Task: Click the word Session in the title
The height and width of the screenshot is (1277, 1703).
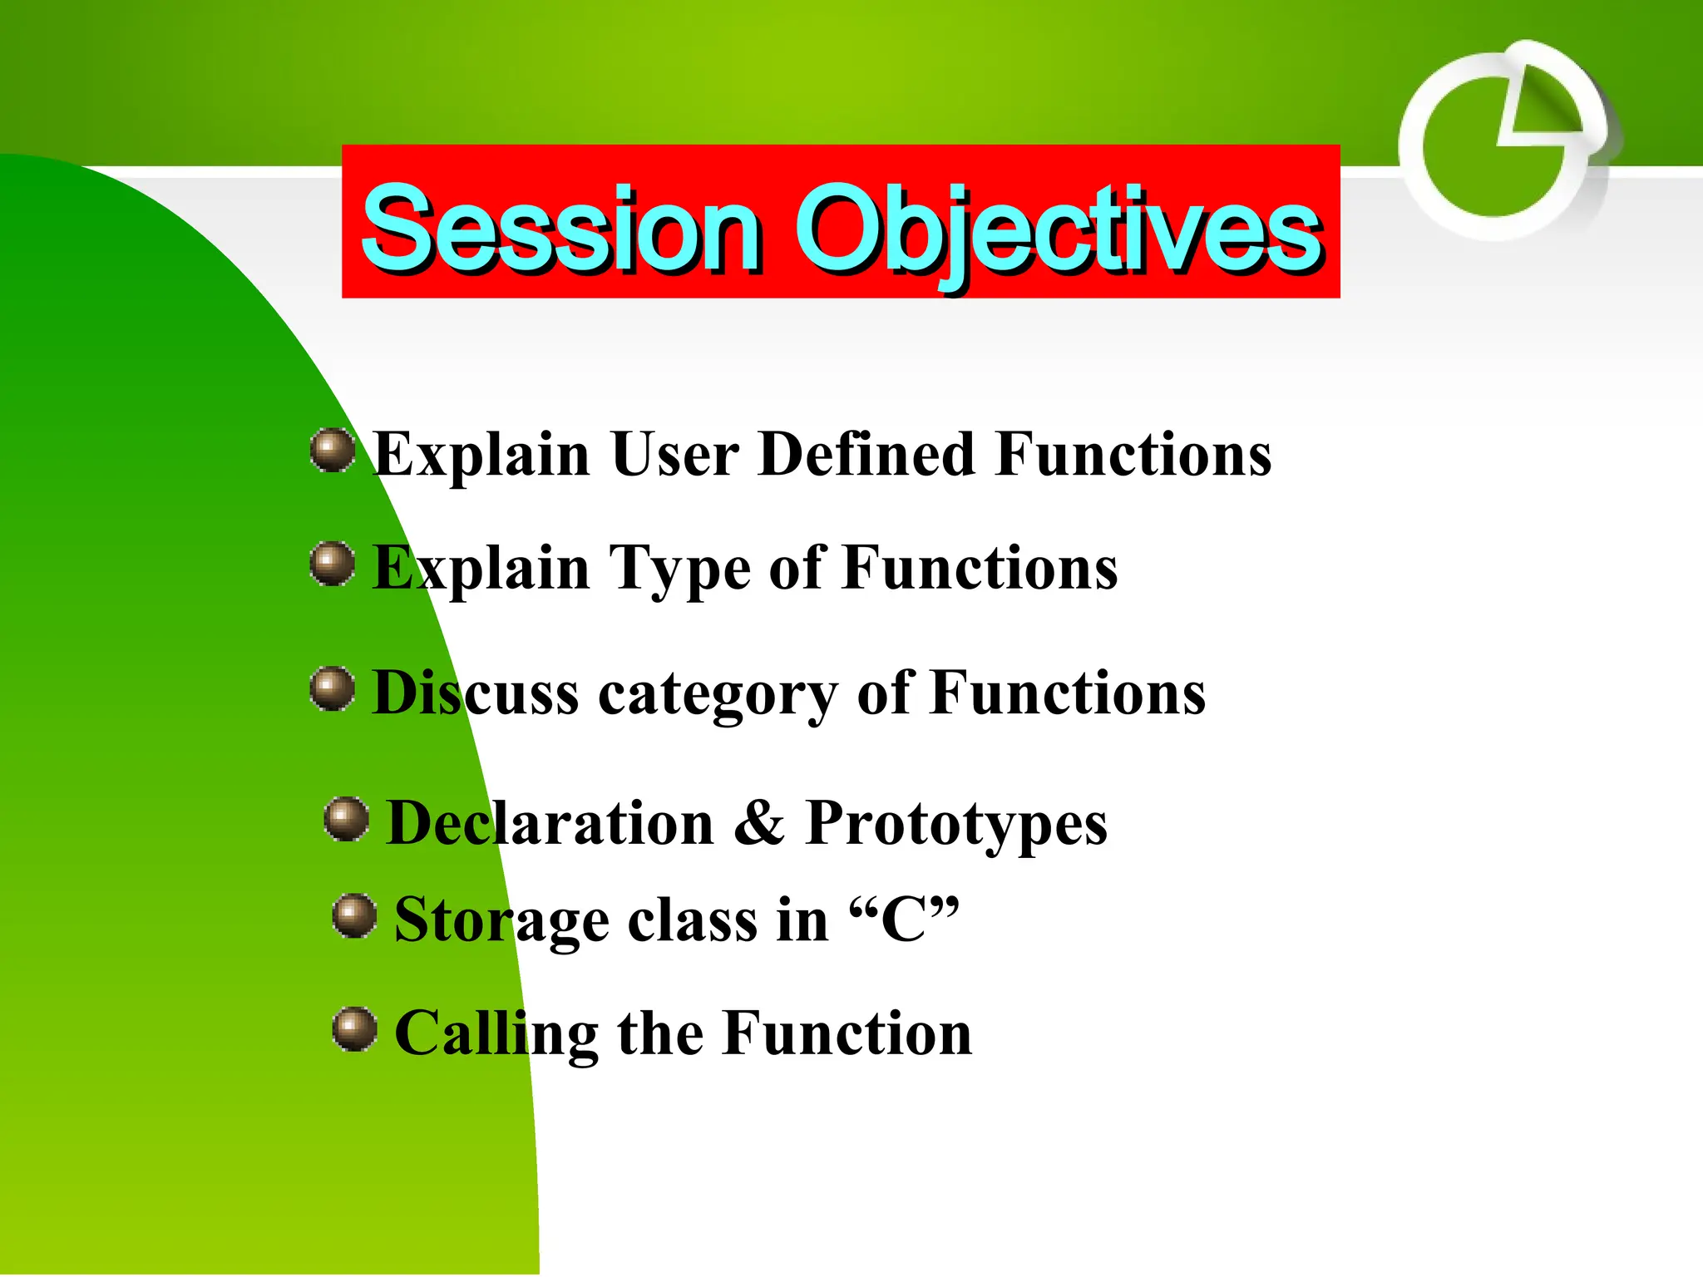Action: (561, 229)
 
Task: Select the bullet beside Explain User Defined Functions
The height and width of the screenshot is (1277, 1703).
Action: (333, 451)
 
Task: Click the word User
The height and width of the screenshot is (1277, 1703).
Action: (674, 455)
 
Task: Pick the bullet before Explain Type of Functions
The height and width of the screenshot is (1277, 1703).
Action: (333, 564)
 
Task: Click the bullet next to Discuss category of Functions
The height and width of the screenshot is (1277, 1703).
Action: (333, 688)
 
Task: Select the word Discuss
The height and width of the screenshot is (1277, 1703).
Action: (475, 693)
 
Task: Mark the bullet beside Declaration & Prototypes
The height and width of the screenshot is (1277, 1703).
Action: (347, 819)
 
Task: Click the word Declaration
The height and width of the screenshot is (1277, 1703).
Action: (550, 823)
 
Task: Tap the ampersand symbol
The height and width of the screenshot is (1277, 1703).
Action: (759, 823)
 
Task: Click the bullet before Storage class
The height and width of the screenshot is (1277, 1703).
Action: (354, 916)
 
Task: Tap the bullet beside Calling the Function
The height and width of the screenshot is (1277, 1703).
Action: (354, 1029)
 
